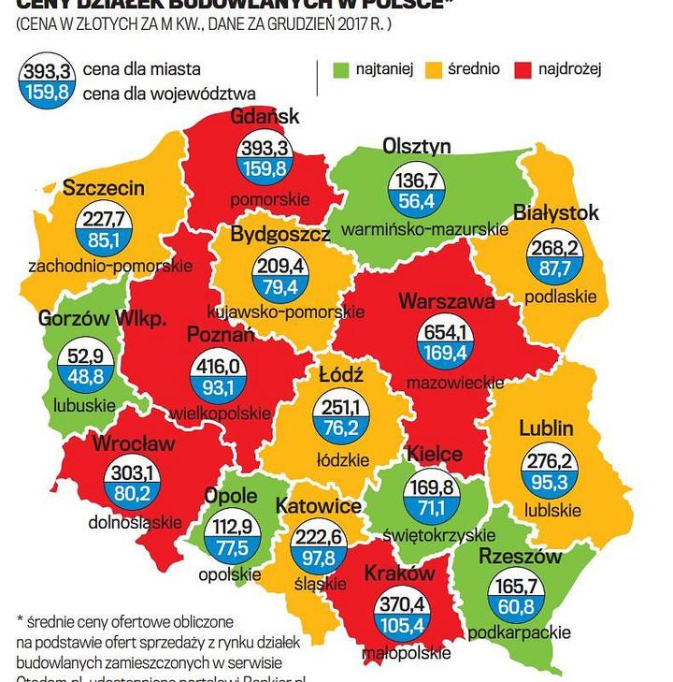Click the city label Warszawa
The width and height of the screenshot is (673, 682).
[446, 301]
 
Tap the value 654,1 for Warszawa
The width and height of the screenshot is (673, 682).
[446, 333]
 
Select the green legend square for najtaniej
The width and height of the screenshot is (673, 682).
[342, 69]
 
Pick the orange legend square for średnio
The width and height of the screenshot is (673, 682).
[434, 69]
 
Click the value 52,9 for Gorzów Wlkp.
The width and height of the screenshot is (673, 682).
[81, 356]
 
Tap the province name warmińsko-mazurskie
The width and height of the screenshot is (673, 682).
[425, 228]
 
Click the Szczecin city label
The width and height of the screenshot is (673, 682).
[104, 188]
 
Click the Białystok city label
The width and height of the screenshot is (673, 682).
[555, 213]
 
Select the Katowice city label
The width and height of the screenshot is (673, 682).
[319, 506]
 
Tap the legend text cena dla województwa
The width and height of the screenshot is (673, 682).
[169, 93]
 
